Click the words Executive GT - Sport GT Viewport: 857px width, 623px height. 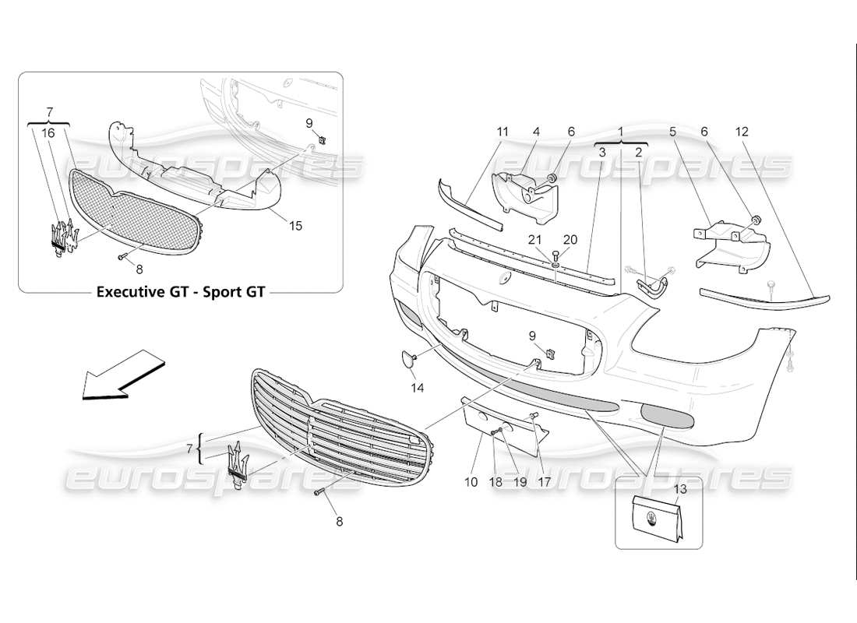coord(180,293)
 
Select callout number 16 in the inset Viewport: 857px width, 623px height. coord(48,133)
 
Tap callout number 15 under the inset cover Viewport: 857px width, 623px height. coord(295,226)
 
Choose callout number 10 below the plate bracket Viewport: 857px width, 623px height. coord(471,482)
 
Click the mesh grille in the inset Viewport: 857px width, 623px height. coord(132,210)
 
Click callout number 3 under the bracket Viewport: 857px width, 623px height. coord(602,153)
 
